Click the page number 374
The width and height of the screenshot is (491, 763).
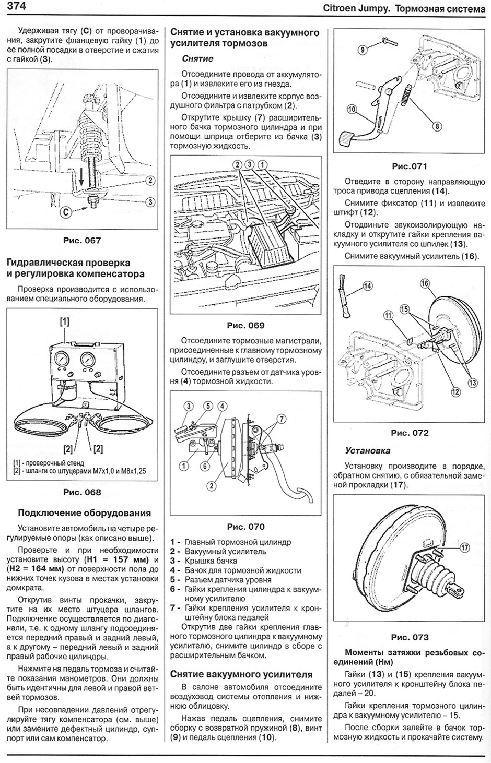[x=16, y=7]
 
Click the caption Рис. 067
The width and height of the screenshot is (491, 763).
[x=81, y=241]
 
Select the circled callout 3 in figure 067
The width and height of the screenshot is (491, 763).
[x=150, y=202]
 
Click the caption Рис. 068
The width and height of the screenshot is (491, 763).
[x=81, y=492]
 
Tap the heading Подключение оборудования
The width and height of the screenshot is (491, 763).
[x=84, y=513]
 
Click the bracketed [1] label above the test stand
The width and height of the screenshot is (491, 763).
[x=64, y=322]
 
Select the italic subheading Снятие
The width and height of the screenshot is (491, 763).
[x=197, y=59]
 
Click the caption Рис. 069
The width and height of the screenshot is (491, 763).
[x=245, y=325]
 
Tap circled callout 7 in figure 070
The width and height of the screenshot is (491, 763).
[x=282, y=419]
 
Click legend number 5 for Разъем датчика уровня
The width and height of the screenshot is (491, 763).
[x=174, y=580]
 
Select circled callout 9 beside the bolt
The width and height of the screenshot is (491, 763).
[x=363, y=50]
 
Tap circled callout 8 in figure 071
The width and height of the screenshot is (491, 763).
[x=436, y=125]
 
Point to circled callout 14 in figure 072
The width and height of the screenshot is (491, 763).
[x=367, y=286]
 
